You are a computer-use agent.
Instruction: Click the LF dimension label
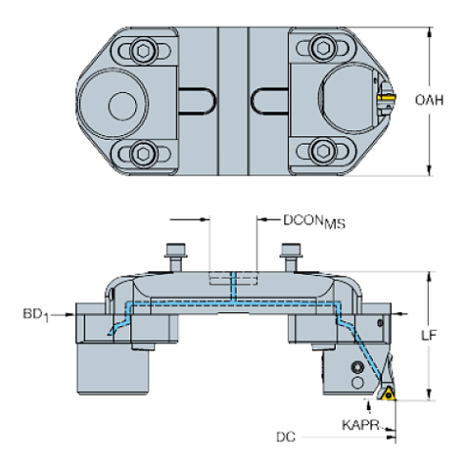coord(429,335)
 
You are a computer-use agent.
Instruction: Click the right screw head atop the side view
coord(289,251)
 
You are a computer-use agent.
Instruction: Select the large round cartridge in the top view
coord(346,98)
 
